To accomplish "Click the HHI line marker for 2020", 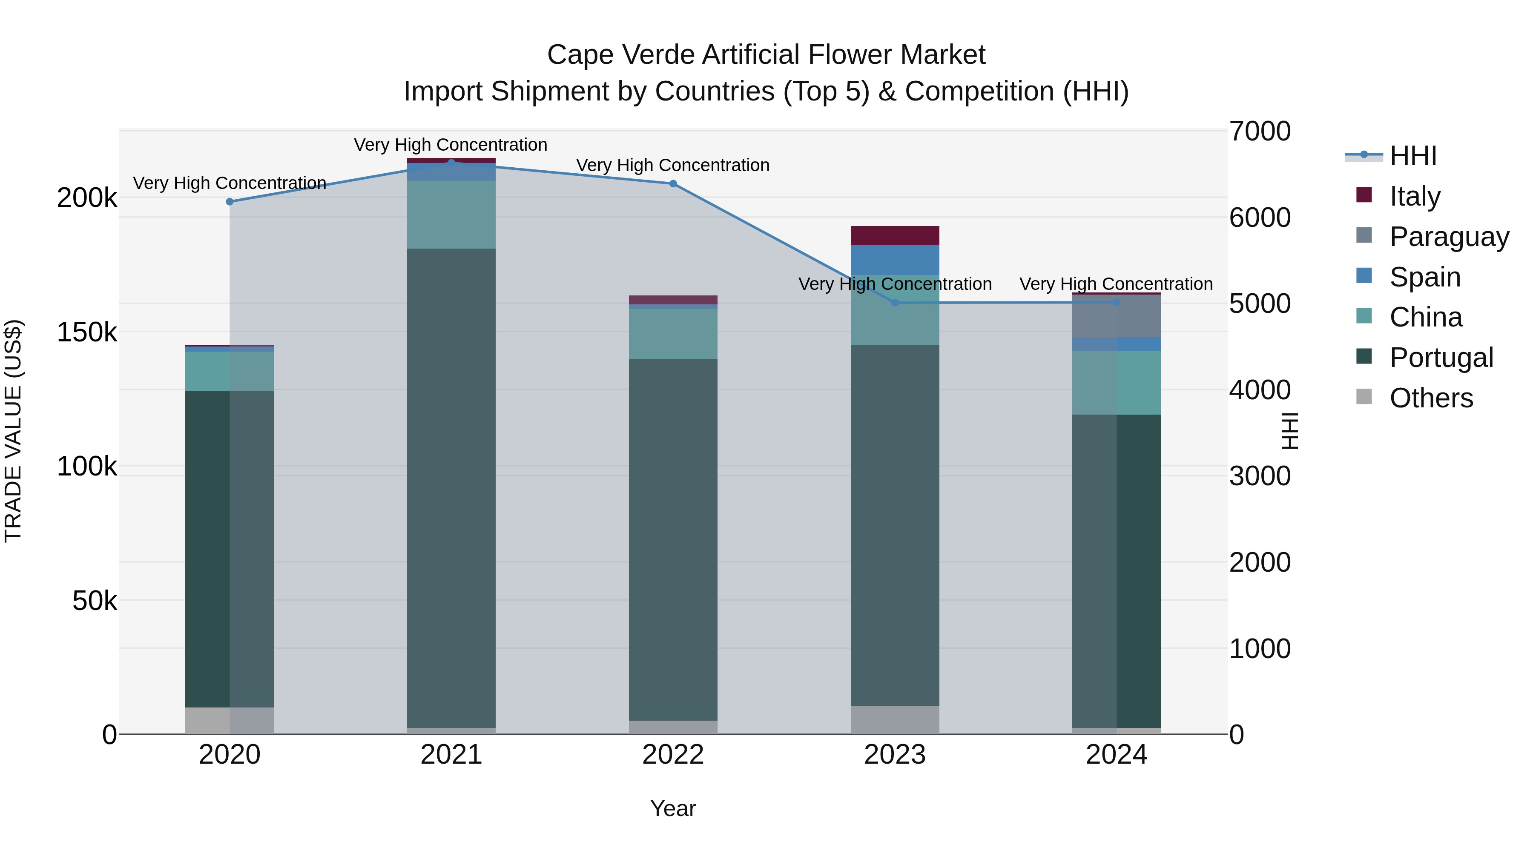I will [230, 202].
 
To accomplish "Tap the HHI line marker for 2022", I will [673, 184].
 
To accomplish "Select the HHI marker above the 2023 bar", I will [895, 303].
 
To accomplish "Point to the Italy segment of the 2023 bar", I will [895, 235].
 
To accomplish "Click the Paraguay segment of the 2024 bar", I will [1117, 316].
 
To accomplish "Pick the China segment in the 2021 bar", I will [451, 215].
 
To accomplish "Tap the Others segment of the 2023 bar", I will [895, 720].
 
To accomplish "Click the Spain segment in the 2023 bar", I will [895, 260].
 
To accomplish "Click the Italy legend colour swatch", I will [1364, 195].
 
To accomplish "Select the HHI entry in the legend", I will [1413, 156].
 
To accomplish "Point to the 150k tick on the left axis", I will [87, 332].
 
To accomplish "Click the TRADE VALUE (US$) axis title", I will [13, 431].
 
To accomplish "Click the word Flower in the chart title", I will [849, 55].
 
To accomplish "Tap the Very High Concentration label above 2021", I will [451, 145].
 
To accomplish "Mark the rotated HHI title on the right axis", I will [1289, 431].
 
